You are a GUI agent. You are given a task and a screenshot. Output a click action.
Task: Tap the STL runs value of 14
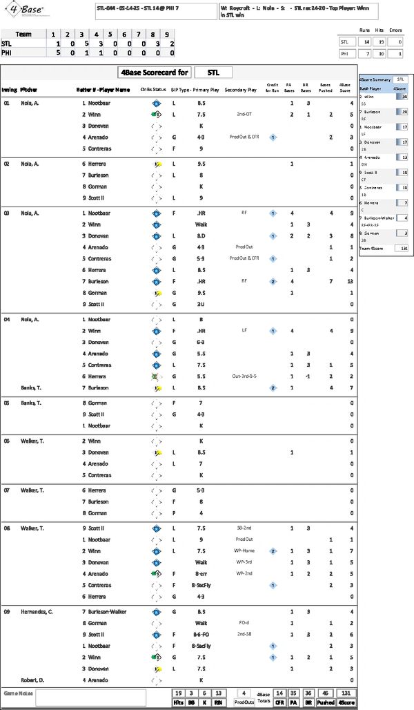tap(362, 41)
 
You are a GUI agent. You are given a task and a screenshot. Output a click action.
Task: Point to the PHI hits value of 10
tap(379, 52)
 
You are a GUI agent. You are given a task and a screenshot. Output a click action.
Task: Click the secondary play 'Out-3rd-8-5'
tap(244, 376)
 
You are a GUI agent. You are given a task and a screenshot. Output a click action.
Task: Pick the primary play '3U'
tap(200, 304)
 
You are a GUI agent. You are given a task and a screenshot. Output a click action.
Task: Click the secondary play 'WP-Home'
tap(244, 550)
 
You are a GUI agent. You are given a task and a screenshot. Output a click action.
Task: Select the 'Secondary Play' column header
tap(241, 90)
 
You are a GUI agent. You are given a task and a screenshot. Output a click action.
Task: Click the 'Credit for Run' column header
tap(273, 90)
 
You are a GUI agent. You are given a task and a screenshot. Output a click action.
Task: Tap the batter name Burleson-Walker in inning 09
tap(110, 611)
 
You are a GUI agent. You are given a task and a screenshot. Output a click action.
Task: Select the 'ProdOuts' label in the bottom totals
tap(245, 702)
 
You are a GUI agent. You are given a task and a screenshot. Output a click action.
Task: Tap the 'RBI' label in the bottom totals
tap(219, 702)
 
